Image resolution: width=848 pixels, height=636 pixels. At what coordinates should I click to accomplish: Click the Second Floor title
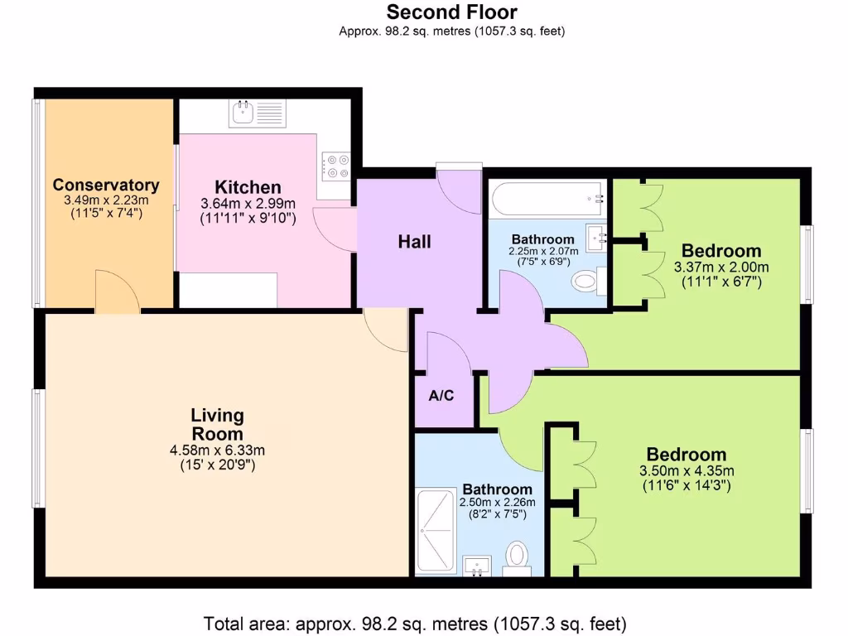pos(451,12)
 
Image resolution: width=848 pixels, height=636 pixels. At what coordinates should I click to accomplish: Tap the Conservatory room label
pos(105,185)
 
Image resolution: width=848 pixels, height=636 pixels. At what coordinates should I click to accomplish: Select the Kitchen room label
pos(248,187)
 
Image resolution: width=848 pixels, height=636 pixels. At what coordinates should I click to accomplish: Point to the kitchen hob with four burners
pos(336,166)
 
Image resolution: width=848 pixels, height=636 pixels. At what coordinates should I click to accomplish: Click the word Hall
pos(414,242)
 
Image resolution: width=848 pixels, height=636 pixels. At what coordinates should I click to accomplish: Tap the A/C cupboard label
pos(441,396)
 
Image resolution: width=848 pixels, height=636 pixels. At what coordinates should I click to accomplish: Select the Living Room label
pos(217,425)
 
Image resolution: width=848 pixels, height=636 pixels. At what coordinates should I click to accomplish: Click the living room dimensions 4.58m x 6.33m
pos(217,450)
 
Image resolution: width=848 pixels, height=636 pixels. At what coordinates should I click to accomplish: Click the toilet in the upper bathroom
pos(586,282)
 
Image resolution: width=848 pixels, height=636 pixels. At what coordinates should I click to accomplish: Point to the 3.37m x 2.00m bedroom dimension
pos(721,267)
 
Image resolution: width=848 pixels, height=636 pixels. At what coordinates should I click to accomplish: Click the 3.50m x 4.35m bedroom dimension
pos(687,471)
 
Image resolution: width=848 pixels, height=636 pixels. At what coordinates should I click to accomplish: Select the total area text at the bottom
pos(415,622)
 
